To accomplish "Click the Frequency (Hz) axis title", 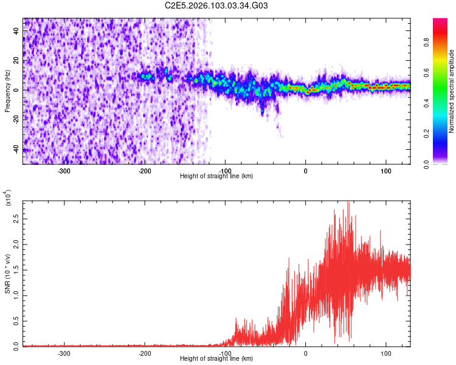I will pyautogui.click(x=8, y=91).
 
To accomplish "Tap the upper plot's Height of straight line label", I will pyautogui.click(x=217, y=176).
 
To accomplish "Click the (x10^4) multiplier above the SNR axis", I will pyautogui.click(x=9, y=199).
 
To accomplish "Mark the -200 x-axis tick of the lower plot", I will pyautogui.click(x=145, y=352).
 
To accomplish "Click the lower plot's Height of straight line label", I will pyautogui.click(x=217, y=358).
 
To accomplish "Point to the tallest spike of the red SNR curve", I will pyautogui.click(x=348, y=203).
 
